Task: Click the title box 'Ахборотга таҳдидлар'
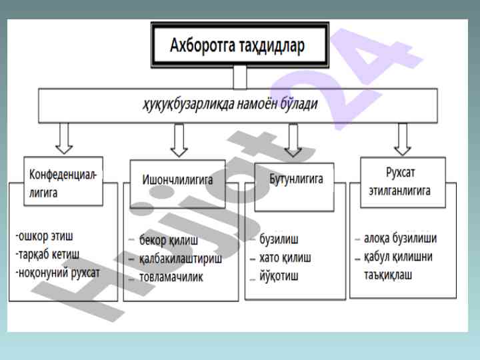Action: [239, 45]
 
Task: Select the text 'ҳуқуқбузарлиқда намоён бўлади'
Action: [229, 105]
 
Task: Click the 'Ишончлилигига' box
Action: [177, 179]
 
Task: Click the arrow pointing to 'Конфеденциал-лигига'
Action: [64, 138]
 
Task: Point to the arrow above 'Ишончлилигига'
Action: [178, 139]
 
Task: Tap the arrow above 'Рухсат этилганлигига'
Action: [401, 138]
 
